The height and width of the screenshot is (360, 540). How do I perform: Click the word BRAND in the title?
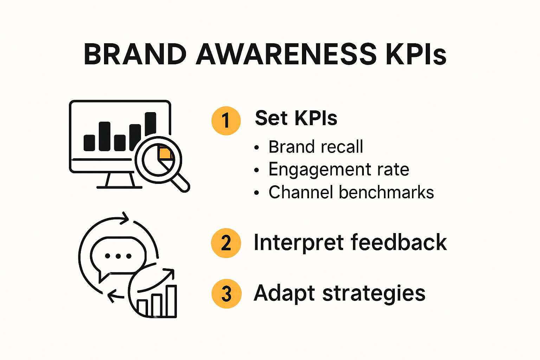coord(135,54)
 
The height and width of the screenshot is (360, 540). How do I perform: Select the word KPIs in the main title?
coord(416,54)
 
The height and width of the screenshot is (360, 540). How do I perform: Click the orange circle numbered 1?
coord(226,121)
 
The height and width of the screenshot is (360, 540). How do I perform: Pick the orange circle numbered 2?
coord(226,243)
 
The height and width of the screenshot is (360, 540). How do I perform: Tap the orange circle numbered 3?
coord(226,294)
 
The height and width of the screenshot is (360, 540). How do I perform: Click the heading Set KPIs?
coord(296,118)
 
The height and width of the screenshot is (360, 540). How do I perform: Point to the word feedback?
coord(399,242)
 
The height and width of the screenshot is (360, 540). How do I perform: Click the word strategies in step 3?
coord(374,294)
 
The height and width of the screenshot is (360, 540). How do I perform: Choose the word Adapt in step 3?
coord(284,294)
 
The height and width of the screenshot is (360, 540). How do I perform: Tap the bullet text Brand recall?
coord(315,147)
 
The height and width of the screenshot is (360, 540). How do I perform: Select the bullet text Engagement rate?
coord(339,169)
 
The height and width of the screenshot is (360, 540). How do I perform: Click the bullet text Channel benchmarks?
coord(351,192)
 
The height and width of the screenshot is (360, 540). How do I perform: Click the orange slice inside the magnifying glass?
coord(165,153)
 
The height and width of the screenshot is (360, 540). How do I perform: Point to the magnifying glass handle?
coord(181,182)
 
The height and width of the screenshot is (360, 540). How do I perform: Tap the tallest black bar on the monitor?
coord(150,124)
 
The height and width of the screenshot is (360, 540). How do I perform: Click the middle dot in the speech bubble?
coord(118,256)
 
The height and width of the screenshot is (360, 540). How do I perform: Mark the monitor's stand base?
coord(120,187)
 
